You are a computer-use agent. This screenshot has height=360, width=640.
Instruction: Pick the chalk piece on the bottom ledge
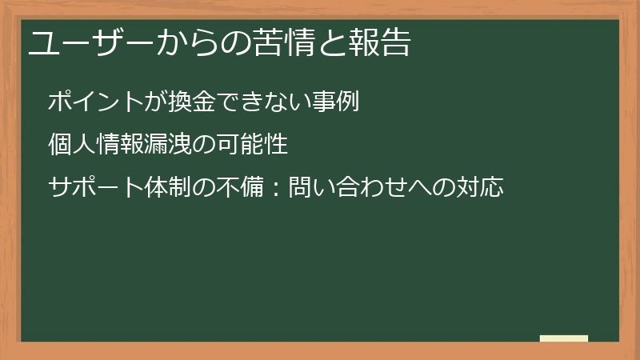[564, 338]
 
